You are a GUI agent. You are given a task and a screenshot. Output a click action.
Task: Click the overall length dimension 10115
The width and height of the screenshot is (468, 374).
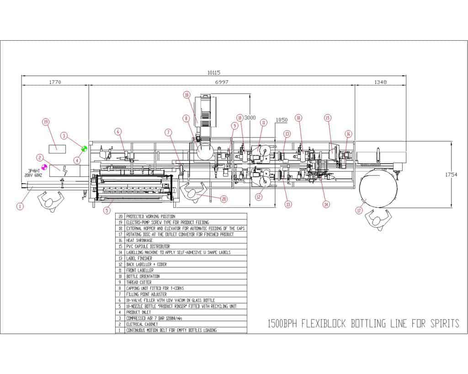point(213,73)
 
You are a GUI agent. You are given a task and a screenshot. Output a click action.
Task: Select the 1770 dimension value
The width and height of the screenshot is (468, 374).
point(55,82)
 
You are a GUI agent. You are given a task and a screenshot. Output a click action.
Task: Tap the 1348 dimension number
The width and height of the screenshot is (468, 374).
point(380,82)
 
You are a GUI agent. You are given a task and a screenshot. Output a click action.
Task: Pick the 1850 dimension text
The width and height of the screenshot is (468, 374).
point(281,120)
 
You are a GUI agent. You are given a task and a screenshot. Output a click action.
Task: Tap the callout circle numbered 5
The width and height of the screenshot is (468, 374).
point(107,211)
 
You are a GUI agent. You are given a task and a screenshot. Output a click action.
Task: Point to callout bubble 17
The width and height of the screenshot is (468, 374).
point(359,211)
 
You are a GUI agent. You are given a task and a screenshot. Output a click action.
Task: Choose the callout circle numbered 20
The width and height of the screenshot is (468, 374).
point(223,199)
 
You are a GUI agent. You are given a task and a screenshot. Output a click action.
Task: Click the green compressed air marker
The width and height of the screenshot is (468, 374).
point(84,149)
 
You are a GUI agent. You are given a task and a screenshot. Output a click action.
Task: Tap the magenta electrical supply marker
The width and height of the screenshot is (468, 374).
point(44,167)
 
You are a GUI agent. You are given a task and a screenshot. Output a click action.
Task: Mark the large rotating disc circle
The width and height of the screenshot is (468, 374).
point(378,188)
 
